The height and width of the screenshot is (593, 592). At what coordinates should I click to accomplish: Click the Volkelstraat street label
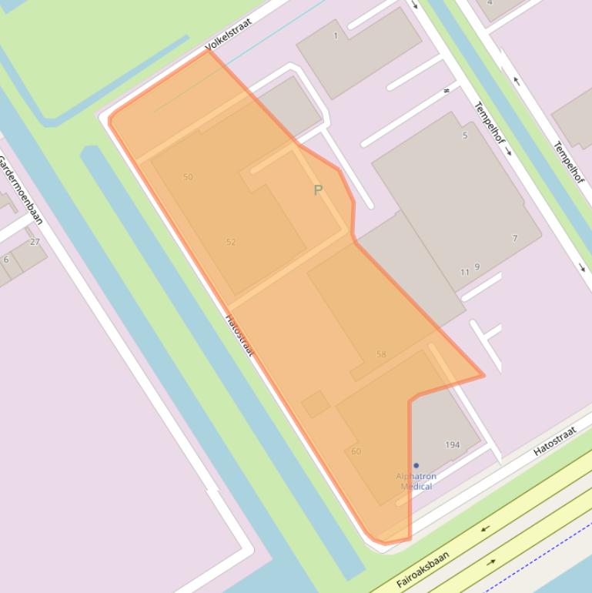click(x=229, y=35)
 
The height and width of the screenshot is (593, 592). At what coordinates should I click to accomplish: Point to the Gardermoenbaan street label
click(x=20, y=189)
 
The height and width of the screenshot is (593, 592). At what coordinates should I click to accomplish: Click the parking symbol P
click(x=318, y=189)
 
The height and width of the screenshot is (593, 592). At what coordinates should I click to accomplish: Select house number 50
click(x=188, y=177)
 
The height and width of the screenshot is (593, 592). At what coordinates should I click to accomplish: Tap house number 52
click(x=231, y=242)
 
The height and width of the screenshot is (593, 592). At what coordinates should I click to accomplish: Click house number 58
click(x=381, y=354)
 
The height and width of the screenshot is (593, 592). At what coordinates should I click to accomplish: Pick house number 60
click(x=356, y=451)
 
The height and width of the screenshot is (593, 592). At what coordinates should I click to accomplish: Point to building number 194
click(x=453, y=444)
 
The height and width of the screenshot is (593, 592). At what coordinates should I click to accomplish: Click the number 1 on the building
click(x=336, y=35)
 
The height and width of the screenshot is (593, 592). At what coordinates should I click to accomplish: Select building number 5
click(x=465, y=136)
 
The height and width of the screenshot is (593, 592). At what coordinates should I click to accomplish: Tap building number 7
click(x=515, y=239)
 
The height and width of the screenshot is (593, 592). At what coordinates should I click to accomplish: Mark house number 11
click(x=464, y=272)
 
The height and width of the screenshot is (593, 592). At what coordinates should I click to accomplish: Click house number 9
click(x=477, y=267)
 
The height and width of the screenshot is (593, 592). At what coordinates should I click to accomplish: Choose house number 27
click(x=35, y=241)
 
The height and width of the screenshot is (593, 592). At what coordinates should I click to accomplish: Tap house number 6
click(x=6, y=260)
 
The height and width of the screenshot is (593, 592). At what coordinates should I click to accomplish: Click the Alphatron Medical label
click(x=416, y=481)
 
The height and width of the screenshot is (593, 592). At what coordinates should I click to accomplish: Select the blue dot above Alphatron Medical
click(x=416, y=465)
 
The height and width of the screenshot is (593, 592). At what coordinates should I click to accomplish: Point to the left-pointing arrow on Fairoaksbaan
click(x=486, y=529)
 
